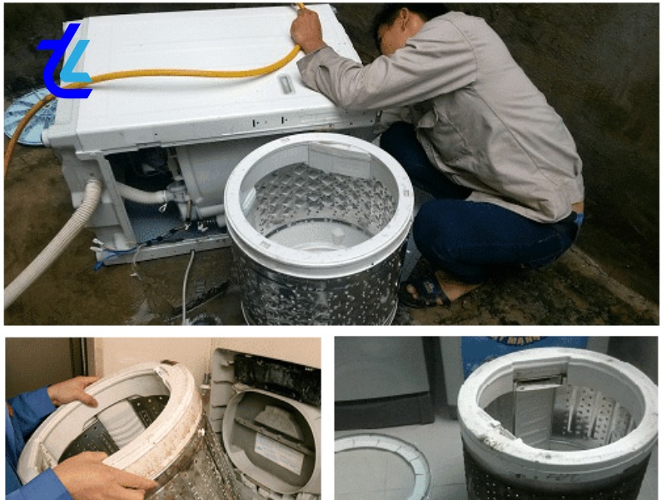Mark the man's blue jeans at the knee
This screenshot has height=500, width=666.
coord(466,242)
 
